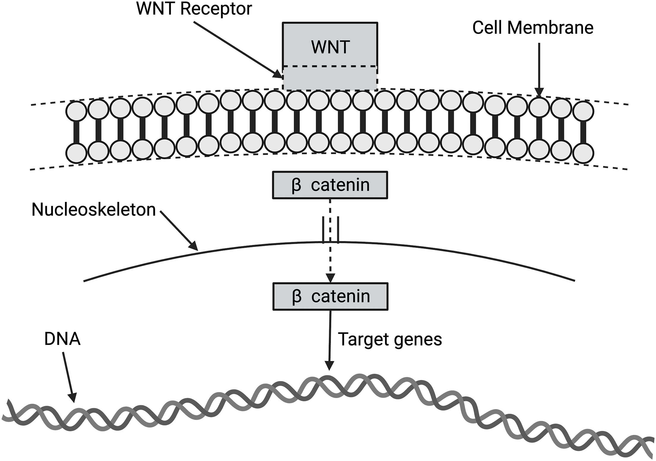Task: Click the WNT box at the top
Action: [x=330, y=45]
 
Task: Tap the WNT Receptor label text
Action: [x=194, y=9]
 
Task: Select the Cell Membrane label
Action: [x=533, y=28]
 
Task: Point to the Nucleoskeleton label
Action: [x=94, y=210]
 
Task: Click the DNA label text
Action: [x=62, y=339]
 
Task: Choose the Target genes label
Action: [x=390, y=339]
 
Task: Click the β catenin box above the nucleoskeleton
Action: [x=330, y=185]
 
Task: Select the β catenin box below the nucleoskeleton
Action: [x=330, y=296]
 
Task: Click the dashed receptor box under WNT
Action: [x=330, y=78]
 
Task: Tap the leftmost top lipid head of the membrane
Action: [x=76, y=111]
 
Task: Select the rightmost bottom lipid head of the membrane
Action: [x=583, y=153]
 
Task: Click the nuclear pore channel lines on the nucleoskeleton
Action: [x=330, y=230]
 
